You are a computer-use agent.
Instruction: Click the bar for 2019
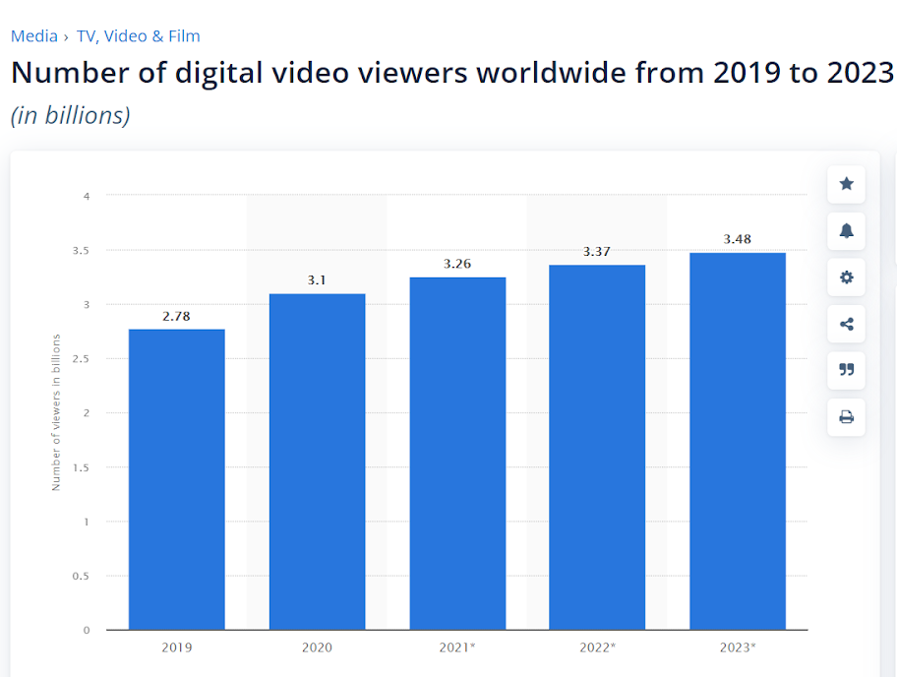click(177, 479)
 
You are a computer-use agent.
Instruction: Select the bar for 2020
click(317, 462)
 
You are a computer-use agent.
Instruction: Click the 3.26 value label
click(457, 263)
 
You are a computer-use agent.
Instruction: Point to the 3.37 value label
click(597, 251)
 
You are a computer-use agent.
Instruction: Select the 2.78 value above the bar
click(177, 315)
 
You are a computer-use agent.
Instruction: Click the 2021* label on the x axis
click(457, 647)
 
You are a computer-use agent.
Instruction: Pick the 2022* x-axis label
click(597, 647)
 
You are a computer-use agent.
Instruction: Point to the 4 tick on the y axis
click(87, 196)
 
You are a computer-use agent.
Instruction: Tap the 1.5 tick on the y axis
click(83, 467)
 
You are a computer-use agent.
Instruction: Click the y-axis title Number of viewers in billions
click(56, 412)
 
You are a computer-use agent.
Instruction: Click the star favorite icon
click(846, 184)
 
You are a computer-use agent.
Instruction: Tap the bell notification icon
click(846, 231)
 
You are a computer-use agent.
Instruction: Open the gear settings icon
click(846, 277)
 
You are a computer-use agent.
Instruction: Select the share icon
click(846, 325)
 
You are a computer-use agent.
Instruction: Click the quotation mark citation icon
click(846, 370)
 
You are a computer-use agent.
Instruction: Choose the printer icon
click(846, 417)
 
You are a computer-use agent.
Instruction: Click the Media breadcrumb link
click(33, 36)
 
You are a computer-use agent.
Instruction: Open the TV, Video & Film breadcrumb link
click(138, 36)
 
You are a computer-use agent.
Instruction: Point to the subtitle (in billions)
click(70, 115)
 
